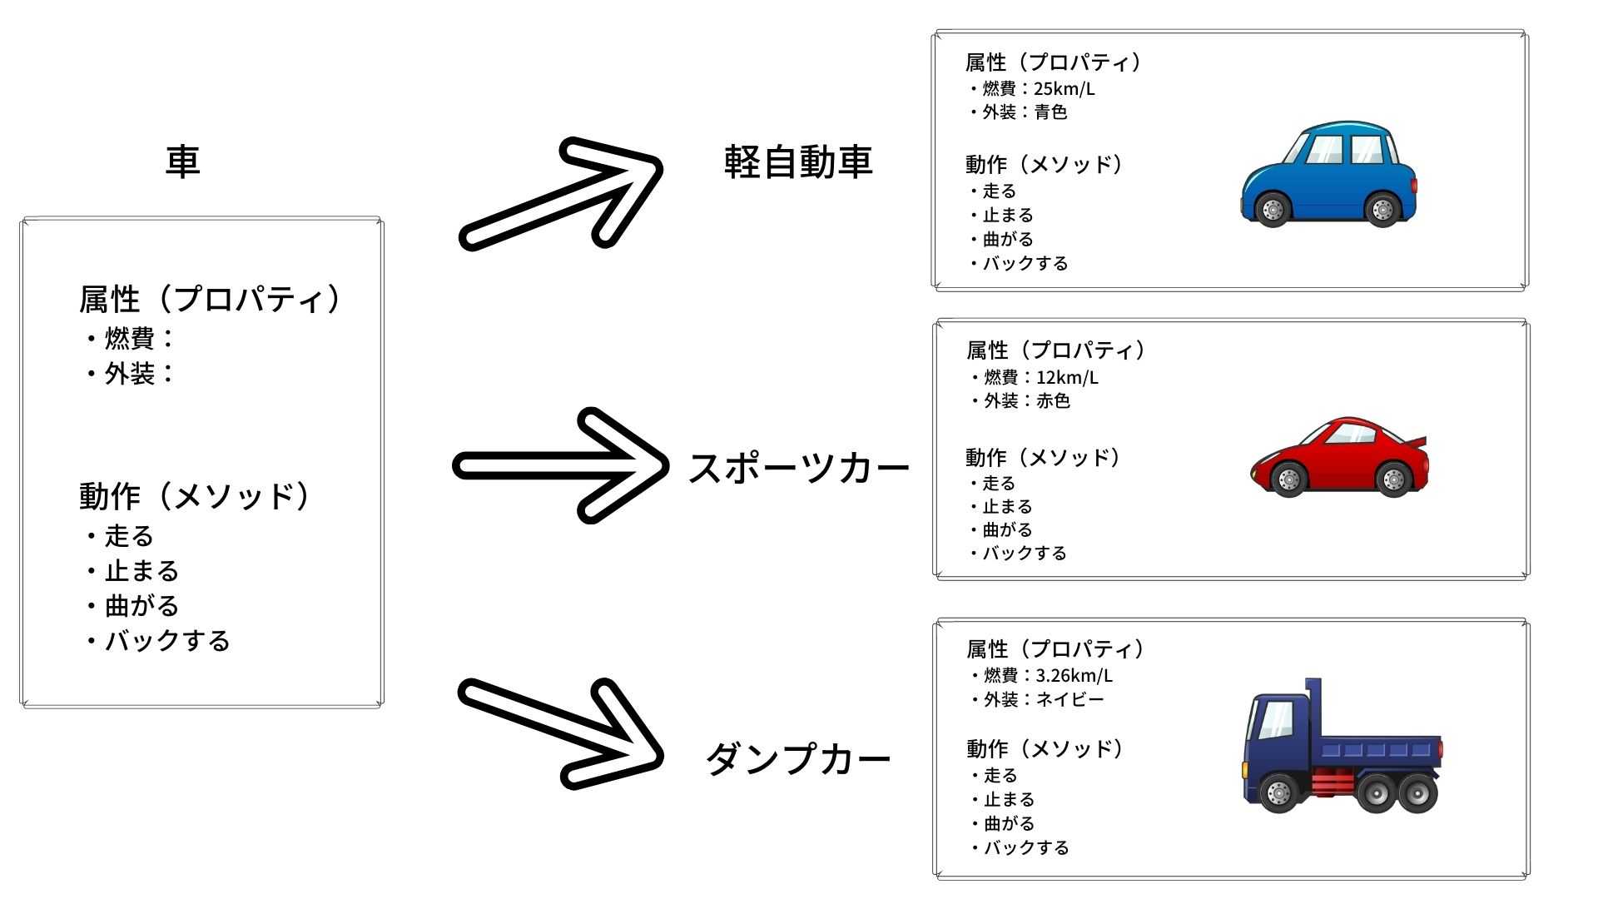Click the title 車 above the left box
point(183,161)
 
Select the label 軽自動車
point(798,161)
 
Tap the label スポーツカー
point(798,469)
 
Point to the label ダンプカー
point(798,758)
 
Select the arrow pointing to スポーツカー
point(560,466)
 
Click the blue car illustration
point(1328,174)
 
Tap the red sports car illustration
point(1340,457)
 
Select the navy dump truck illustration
point(1342,746)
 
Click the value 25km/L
point(1065,88)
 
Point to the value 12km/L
point(1067,377)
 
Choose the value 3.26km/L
point(1074,675)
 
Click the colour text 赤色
point(1053,400)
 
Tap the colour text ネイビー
point(1069,699)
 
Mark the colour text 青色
point(1050,112)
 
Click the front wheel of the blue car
point(1273,209)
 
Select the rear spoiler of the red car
point(1417,444)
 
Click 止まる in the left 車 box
point(141,571)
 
